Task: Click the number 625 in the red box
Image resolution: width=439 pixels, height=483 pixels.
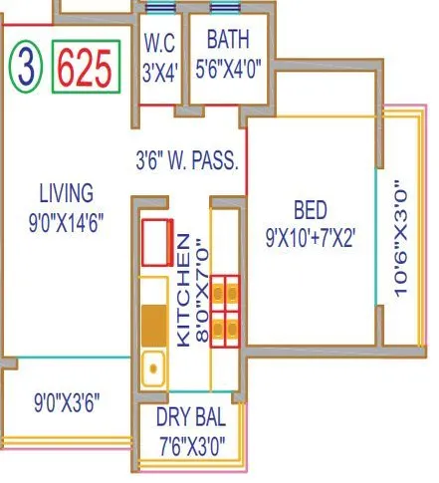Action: click(x=86, y=67)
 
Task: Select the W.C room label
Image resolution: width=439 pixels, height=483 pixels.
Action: click(x=159, y=44)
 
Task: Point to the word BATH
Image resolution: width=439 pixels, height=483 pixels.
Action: click(x=230, y=41)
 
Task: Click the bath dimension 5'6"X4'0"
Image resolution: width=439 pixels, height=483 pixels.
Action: click(x=230, y=73)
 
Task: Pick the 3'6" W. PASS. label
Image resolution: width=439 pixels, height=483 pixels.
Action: click(x=187, y=158)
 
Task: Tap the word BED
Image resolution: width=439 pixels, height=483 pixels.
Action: click(x=311, y=210)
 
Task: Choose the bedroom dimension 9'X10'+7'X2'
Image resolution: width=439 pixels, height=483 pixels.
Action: click(x=311, y=239)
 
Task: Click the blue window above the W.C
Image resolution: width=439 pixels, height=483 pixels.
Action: click(x=160, y=8)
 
